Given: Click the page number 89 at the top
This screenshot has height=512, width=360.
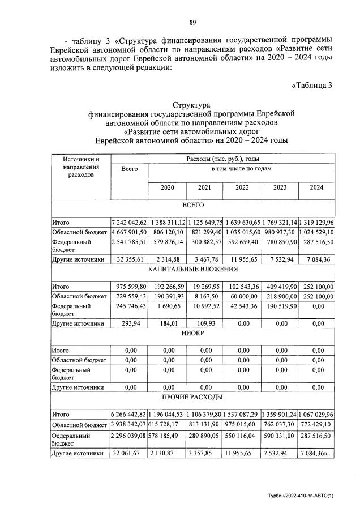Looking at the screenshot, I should [x=192, y=22].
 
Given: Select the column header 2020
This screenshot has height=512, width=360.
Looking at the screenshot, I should [x=167, y=187].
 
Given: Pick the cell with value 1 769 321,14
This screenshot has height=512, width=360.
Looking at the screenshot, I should [x=279, y=222].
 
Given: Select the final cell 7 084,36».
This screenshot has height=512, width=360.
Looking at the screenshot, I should [x=316, y=453].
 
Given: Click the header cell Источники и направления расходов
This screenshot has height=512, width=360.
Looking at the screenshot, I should [x=81, y=167].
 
